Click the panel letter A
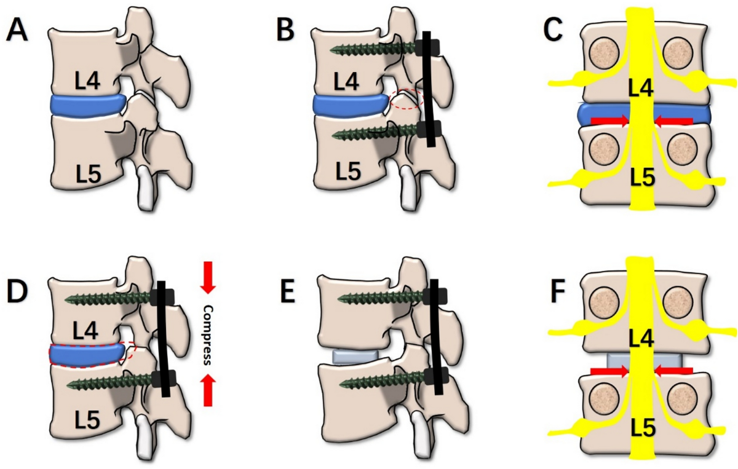click(17, 29)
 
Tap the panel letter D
click(18, 293)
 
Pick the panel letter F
click(554, 293)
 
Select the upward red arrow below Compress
click(208, 388)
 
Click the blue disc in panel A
click(86, 106)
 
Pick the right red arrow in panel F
click(673, 371)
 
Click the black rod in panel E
click(436, 338)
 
